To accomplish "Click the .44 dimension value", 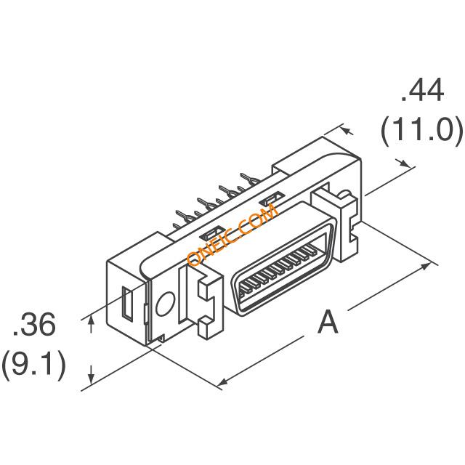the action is [x=422, y=90].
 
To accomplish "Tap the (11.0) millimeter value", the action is [x=421, y=130].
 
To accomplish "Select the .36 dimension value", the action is [x=33, y=324].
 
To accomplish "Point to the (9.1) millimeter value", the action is [x=33, y=365].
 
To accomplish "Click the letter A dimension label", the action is [x=328, y=321].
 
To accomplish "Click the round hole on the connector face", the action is [x=165, y=304].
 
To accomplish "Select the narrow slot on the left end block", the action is [x=128, y=303].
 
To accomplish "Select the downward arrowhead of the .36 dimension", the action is [x=92, y=374].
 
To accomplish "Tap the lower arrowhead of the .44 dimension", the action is [x=405, y=163].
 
